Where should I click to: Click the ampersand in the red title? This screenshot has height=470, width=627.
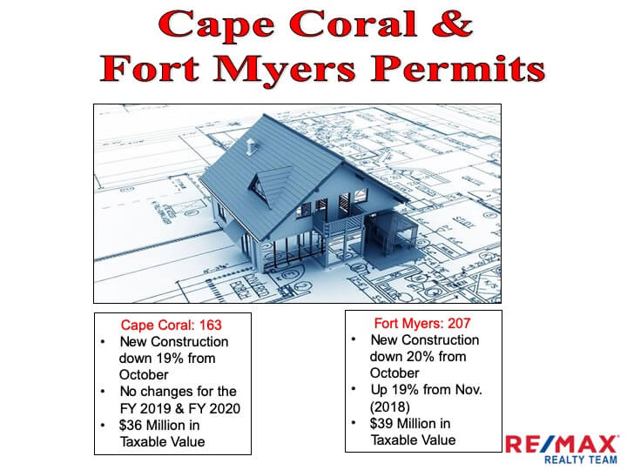pos(452,23)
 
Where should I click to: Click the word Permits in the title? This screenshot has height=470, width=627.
pos(457,68)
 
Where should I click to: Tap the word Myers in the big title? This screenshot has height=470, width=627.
pos(284,69)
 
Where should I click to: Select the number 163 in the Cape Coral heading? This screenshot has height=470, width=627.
pos(211,325)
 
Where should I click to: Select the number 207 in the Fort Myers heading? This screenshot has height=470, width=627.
pos(459,323)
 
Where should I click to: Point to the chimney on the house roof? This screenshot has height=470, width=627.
pos(251,146)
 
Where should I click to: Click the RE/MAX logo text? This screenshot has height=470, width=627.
pos(563,444)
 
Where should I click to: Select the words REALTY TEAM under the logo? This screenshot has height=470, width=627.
pos(581,460)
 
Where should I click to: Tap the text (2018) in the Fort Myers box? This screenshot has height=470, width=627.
pos(390,406)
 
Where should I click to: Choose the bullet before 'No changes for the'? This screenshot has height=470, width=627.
pos(103,392)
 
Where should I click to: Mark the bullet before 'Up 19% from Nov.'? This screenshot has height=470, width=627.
pos(354,388)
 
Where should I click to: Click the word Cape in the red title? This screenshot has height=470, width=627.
pos(216,25)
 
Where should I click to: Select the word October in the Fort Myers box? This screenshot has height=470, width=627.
pos(394,373)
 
